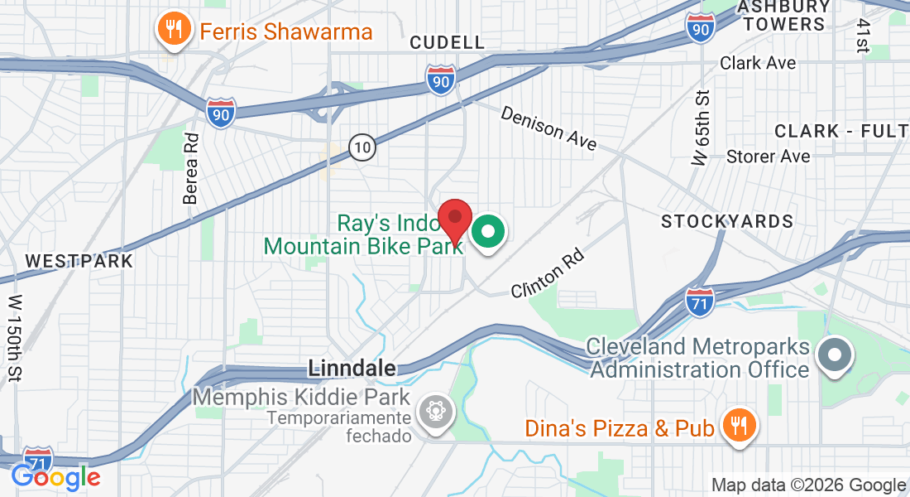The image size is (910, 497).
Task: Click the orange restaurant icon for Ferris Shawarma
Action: coord(173,31)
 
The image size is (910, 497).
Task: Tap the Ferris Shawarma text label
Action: coord(285,32)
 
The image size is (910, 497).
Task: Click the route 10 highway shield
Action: coord(362,148)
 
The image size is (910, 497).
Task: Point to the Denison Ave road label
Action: coord(548,128)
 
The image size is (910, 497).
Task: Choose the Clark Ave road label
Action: coord(758,63)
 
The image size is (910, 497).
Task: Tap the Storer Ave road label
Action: coord(768,157)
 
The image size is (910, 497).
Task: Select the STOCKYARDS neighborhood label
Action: coord(727,221)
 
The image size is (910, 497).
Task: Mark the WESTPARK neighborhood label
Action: coord(79,261)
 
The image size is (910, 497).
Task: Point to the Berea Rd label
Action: coord(191,168)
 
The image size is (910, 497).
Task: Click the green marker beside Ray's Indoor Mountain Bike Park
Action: coord(488,233)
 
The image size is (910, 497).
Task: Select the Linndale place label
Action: coord(352,367)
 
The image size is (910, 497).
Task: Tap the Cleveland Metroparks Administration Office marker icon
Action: coord(834,356)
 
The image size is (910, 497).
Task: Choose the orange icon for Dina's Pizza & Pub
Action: coord(735,426)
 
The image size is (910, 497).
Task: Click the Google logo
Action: coord(55,478)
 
